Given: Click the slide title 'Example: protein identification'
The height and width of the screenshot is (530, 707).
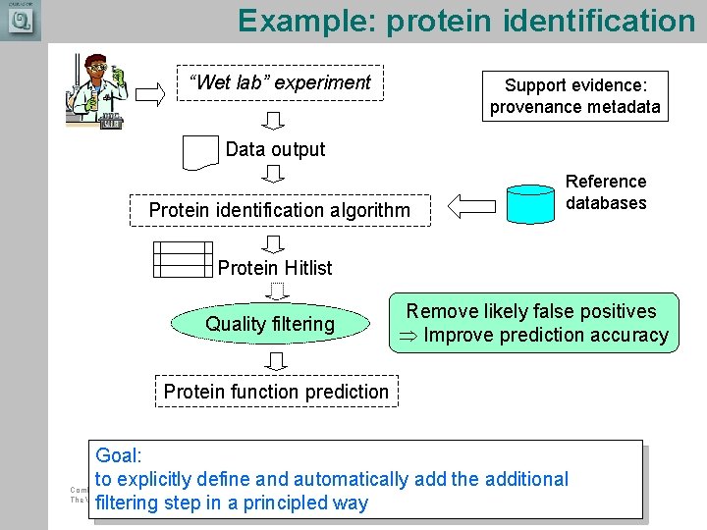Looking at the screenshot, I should (465, 21).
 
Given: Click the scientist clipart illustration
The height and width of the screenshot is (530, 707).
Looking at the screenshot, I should (97, 90).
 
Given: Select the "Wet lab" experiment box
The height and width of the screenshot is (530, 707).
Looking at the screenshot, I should (279, 83).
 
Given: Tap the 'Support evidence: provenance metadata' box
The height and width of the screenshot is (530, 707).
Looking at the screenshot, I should (574, 96).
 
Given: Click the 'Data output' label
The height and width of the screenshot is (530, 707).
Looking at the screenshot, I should (275, 149).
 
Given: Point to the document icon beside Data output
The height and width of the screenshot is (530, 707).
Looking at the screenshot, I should (200, 152).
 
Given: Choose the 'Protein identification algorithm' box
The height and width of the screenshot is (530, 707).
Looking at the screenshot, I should (279, 210).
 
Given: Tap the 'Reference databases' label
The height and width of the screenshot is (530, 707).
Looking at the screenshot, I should (606, 192).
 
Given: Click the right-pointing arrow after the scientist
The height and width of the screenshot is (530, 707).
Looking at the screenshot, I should (150, 94).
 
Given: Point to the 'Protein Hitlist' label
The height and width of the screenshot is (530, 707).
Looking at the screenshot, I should (275, 268).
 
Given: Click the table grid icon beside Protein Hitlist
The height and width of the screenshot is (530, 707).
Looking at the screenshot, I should (183, 259).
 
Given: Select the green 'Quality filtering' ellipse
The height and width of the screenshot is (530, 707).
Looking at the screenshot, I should (270, 324).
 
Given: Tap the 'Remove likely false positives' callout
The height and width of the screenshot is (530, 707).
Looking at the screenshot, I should (533, 323).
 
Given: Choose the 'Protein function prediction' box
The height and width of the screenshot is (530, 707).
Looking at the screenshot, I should (276, 392).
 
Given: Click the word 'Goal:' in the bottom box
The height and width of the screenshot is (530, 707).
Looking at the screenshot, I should (119, 455).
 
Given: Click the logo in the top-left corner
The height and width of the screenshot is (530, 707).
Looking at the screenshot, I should (20, 20).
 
